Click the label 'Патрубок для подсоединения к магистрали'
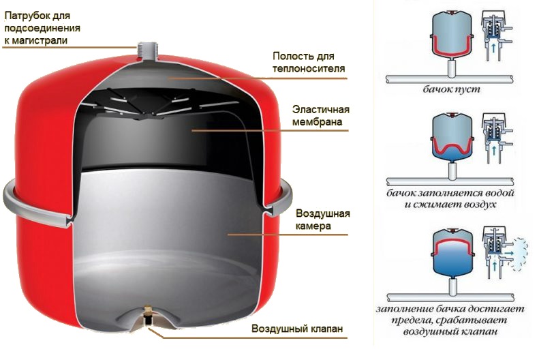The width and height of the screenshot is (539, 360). [42, 27]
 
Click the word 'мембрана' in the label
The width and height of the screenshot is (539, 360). [315, 123]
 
